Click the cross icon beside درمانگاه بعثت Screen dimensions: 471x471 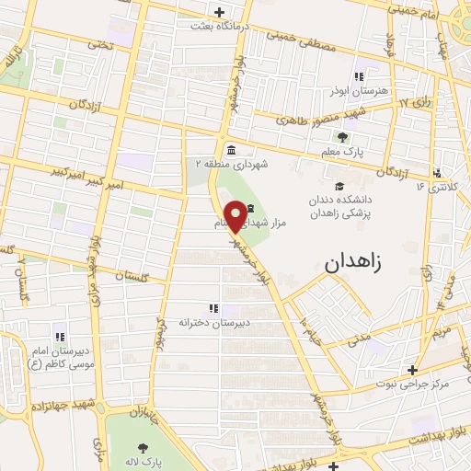pos(219,12)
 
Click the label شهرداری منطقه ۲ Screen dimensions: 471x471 pos(229,164)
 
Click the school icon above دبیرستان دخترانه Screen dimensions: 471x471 pos(213,308)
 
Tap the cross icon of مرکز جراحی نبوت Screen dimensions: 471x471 pos(415,370)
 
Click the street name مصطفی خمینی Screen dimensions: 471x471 pos(297,40)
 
